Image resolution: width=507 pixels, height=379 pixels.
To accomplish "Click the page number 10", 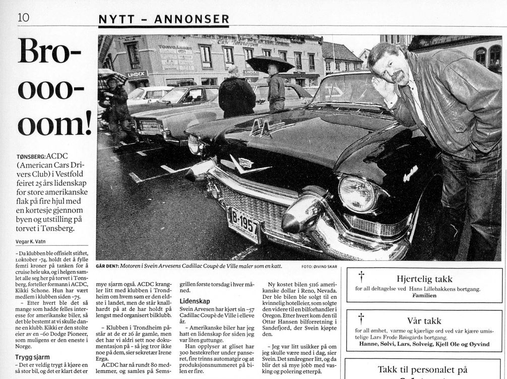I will click(23, 17).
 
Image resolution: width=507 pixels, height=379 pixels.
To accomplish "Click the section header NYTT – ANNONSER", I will click(163, 19).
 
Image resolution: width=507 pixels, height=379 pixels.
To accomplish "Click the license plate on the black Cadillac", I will click(243, 225).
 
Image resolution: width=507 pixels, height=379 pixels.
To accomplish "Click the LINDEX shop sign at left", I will click(137, 74).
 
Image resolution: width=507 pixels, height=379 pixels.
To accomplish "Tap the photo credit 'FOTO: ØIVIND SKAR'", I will click(319, 266).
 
